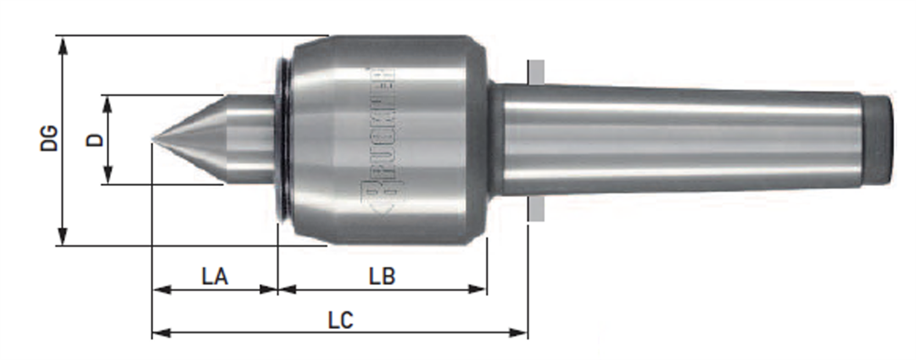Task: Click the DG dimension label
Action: click(x=49, y=138)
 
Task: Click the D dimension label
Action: click(x=94, y=139)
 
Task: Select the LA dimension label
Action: click(x=214, y=277)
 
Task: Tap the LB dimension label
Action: click(x=383, y=277)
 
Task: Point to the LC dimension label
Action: click(x=341, y=321)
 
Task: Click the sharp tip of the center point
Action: click(x=152, y=139)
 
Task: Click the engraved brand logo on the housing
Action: click(x=380, y=140)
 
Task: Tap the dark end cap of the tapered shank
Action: click(x=878, y=140)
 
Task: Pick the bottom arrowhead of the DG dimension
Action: click(x=63, y=235)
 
